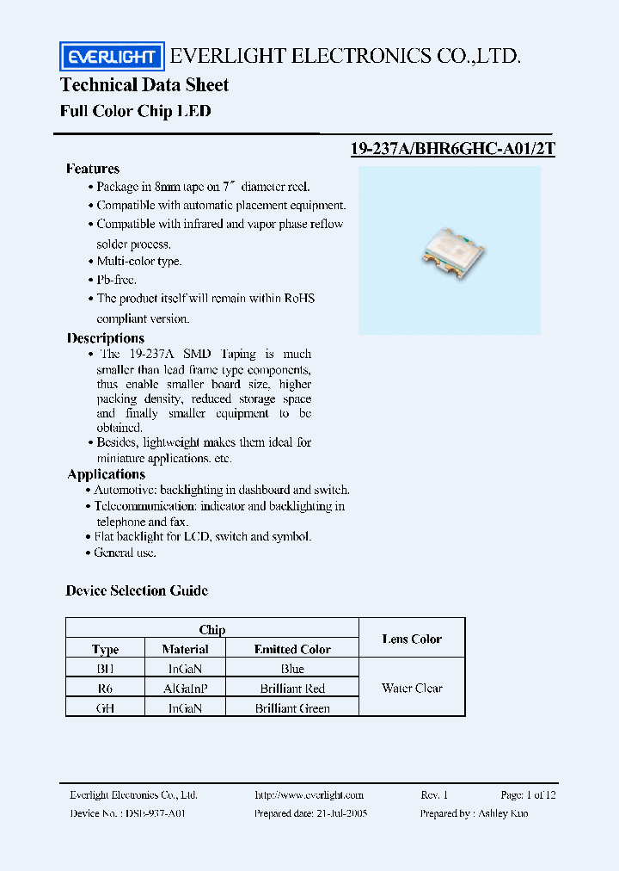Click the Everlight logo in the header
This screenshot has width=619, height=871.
pos(111,57)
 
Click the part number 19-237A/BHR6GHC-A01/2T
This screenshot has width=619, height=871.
pos(453,148)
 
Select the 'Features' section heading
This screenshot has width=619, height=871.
pos(93,169)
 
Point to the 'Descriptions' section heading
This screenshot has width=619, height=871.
pos(106,338)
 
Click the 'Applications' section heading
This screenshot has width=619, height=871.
pos(107,474)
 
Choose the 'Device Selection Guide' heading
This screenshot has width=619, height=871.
pos(137,590)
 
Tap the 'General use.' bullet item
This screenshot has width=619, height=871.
pos(125,553)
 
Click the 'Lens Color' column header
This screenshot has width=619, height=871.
pos(412,639)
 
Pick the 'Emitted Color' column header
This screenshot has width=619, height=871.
pos(292,649)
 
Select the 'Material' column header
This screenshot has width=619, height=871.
pos(185,649)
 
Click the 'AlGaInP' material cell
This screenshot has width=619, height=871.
pos(185,688)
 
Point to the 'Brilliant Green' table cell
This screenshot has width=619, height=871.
pos(292,707)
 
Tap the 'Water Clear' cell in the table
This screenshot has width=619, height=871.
pos(412,688)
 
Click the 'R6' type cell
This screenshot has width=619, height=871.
pos(105,688)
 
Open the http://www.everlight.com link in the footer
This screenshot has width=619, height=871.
pos(309,795)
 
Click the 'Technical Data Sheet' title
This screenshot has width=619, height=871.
pos(144,84)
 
